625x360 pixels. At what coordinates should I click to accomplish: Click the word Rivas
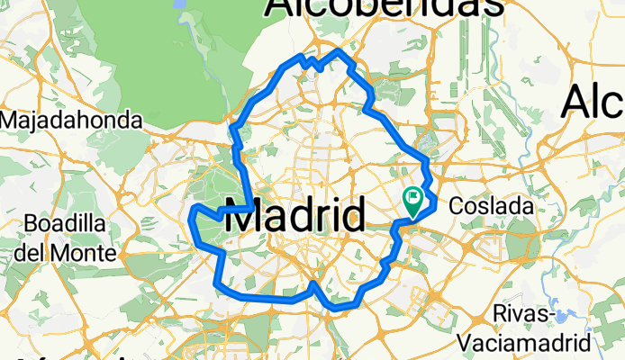(524, 314)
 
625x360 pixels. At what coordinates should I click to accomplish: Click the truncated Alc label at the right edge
(594, 103)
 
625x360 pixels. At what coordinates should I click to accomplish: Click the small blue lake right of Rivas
(565, 316)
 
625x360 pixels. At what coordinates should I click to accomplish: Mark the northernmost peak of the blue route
(340, 51)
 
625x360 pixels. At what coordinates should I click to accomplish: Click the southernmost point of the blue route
(337, 308)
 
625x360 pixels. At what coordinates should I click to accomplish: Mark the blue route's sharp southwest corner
(217, 286)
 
